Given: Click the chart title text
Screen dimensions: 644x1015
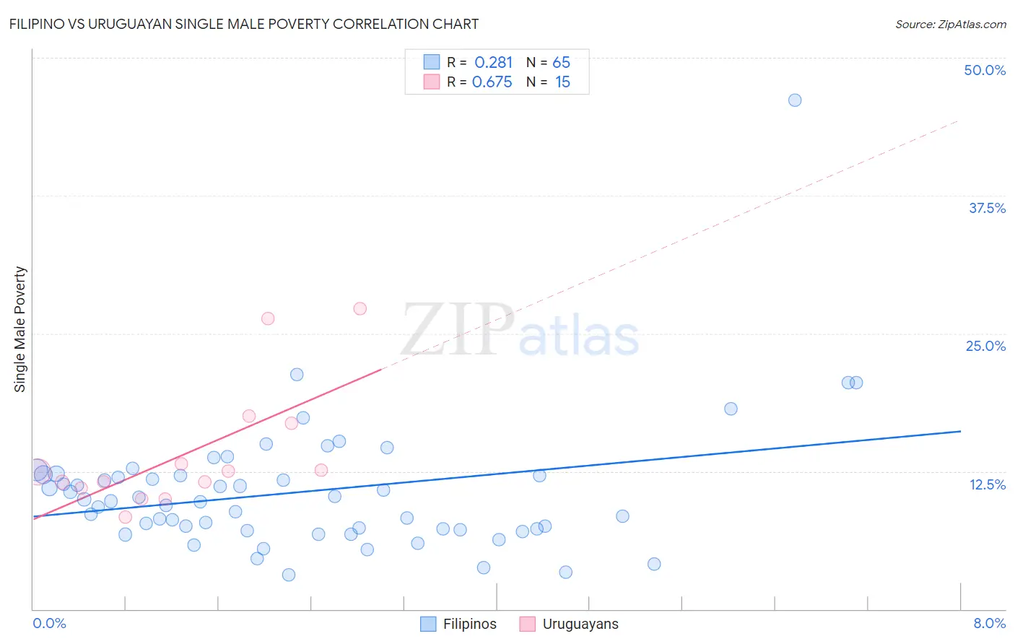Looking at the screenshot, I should tap(244, 24).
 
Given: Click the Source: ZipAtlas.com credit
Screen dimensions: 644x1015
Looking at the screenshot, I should tap(950, 24).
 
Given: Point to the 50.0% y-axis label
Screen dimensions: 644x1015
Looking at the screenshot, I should tap(985, 70).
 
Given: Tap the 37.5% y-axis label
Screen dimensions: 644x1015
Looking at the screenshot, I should tap(987, 208).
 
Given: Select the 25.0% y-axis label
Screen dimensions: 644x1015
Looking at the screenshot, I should tap(985, 346).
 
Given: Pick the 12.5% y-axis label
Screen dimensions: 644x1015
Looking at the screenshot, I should tap(987, 484).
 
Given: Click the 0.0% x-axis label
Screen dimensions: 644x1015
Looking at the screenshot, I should tap(49, 623).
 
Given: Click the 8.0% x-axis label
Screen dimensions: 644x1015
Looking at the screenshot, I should tap(989, 623).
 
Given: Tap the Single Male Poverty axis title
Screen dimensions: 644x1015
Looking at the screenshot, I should tap(20, 329).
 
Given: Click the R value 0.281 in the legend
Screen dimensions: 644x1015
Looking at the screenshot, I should tap(493, 63).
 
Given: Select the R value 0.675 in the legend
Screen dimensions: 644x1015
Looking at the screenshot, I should tap(492, 82).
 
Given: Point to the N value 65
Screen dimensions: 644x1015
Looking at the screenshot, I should tap(561, 63).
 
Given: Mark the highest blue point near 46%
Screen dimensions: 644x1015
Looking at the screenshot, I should tap(795, 100).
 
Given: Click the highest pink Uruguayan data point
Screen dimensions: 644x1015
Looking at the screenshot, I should tap(360, 308).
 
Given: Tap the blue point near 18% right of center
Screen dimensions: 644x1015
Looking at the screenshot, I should tap(731, 409).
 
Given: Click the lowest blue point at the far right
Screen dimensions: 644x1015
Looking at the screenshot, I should tap(654, 564).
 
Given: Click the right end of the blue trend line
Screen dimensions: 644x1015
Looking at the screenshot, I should tap(960, 431).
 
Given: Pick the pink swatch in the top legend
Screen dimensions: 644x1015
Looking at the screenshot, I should tap(432, 82).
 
